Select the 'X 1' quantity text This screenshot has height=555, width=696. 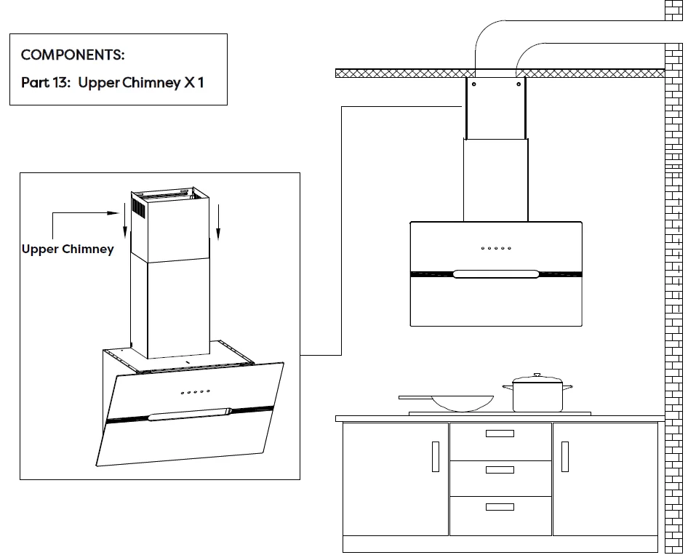point(194,82)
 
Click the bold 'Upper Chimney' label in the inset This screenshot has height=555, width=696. point(68,249)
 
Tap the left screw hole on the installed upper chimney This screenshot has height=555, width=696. point(473,84)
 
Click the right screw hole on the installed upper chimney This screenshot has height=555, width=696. point(519,84)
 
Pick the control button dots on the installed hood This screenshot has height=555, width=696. point(496,248)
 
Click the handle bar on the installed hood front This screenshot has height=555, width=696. point(496,274)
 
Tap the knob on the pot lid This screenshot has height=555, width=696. point(537,375)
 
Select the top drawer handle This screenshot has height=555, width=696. point(500,434)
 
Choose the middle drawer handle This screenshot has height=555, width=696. point(500,470)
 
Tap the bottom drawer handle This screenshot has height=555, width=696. point(500,507)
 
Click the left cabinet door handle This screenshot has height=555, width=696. point(436,456)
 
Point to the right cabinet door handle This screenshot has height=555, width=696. point(564,456)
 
